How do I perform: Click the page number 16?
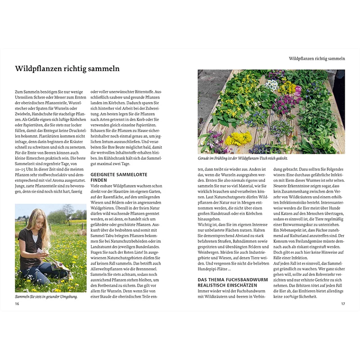(17, 304)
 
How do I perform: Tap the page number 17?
(342, 304)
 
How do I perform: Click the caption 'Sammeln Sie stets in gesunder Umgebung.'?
(46, 297)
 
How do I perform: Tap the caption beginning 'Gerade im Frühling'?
(243, 158)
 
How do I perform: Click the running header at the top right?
(317, 58)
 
